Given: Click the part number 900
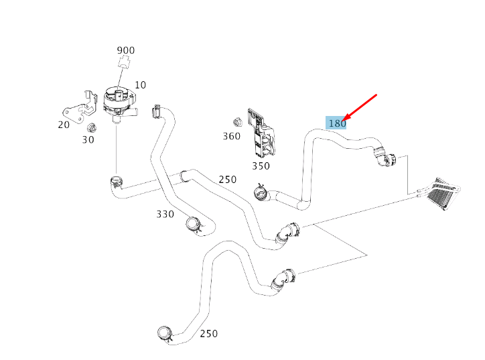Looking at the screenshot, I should coord(125,50).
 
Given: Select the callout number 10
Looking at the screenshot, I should coord(140,84).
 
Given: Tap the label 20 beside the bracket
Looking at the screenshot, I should coord(64,125).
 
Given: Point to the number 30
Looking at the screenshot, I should coord(88,139).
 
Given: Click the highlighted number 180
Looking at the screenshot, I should coord(336,123).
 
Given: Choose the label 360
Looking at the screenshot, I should coord(231,136).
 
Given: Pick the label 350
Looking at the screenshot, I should coord(261,166).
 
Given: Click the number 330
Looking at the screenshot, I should coord(165,214).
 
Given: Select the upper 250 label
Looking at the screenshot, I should coord(227,179).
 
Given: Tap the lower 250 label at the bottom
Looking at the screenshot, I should coord(208,333).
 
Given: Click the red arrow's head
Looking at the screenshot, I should coord(344,121).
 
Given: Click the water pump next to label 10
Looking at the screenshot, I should coord(117,101).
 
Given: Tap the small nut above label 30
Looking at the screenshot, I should coord(92,127).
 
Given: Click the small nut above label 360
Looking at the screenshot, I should coord(236,122).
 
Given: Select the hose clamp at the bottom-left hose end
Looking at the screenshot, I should coord(164,333).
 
